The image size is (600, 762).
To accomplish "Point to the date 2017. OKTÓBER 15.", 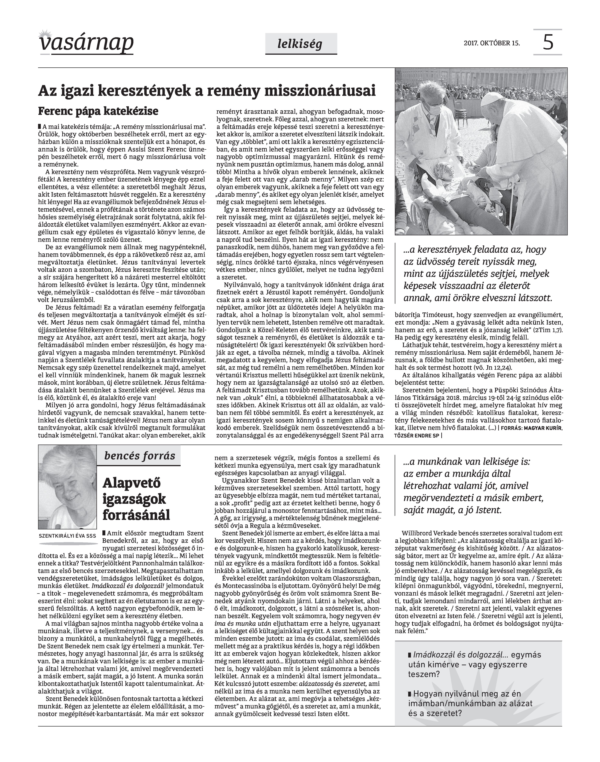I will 492,44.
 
